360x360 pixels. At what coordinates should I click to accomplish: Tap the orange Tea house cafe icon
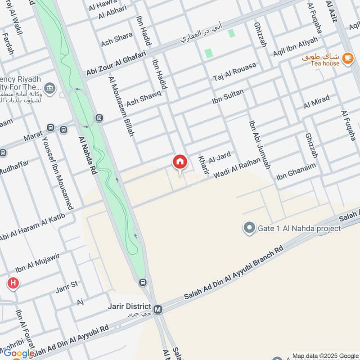(x=347, y=58)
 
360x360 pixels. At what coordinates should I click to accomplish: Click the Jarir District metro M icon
(x=157, y=310)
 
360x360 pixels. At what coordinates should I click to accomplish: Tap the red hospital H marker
(x=13, y=283)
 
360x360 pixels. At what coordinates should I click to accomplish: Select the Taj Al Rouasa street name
(x=234, y=72)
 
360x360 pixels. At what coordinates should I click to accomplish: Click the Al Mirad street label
(x=316, y=102)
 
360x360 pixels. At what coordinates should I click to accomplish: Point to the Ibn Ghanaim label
(x=296, y=171)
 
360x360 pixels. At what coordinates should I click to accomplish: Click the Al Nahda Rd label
(x=88, y=155)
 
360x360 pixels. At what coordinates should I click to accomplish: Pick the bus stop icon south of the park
(x=143, y=283)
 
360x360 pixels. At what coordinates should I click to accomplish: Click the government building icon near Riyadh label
(x=50, y=86)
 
